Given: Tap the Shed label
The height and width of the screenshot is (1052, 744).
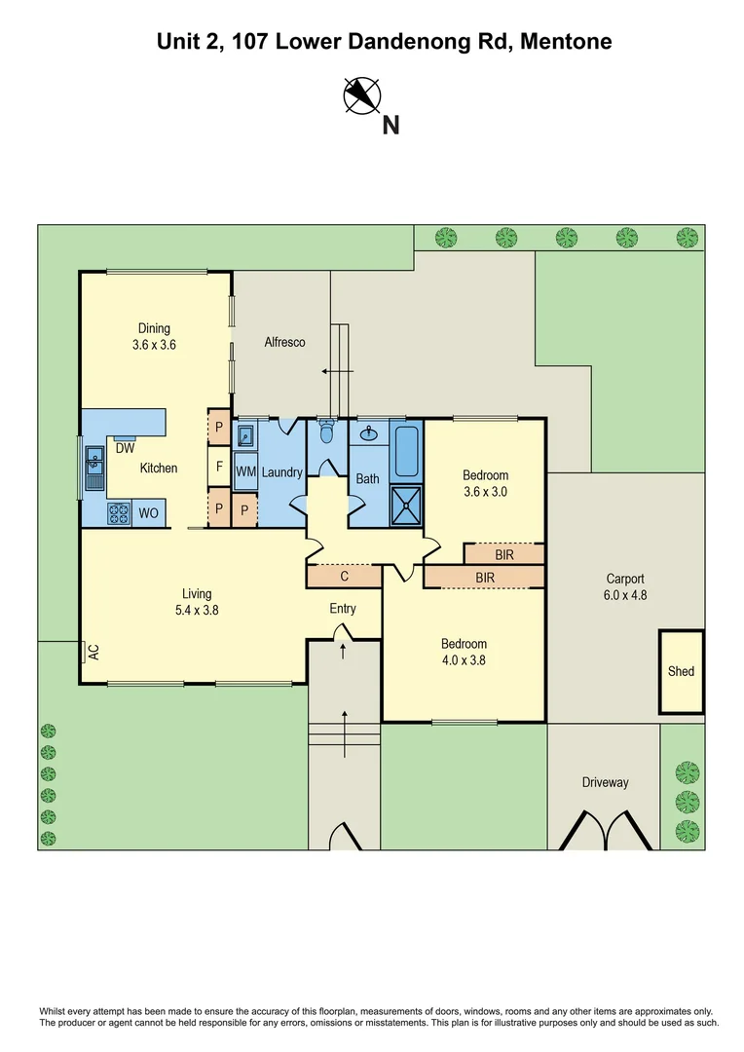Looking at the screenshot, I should pyautogui.click(x=681, y=671).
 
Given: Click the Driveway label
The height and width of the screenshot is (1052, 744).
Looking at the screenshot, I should pyautogui.click(x=605, y=782).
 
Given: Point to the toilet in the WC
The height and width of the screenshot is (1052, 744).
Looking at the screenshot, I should pyautogui.click(x=326, y=431).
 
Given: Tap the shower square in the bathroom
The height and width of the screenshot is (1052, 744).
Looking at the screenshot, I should pyautogui.click(x=407, y=504).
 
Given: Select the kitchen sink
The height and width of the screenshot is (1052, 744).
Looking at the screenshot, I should pyautogui.click(x=95, y=467).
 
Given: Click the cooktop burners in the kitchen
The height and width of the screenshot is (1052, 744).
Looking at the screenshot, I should pyautogui.click(x=118, y=511).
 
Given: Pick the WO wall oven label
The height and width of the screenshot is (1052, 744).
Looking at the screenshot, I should pyautogui.click(x=150, y=512).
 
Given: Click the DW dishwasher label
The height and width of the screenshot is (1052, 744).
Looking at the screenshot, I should pyautogui.click(x=125, y=449).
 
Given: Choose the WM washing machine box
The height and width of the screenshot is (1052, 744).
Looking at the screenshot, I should pyautogui.click(x=245, y=471).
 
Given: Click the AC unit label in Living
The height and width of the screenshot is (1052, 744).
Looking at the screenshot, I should pyautogui.click(x=93, y=652).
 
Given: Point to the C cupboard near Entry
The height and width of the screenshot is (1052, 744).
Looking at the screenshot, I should pyautogui.click(x=344, y=576).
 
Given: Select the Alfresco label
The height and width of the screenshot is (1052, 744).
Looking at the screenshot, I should pyautogui.click(x=285, y=342).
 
